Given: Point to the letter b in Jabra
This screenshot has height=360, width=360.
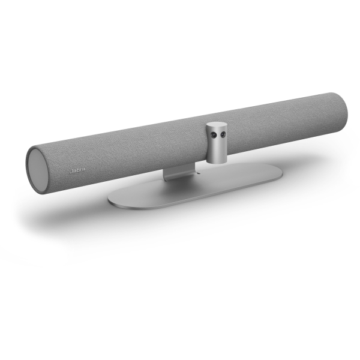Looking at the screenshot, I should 78,170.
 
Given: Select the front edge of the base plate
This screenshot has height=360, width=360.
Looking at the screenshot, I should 180,204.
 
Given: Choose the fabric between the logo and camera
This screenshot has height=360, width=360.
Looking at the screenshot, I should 144,153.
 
